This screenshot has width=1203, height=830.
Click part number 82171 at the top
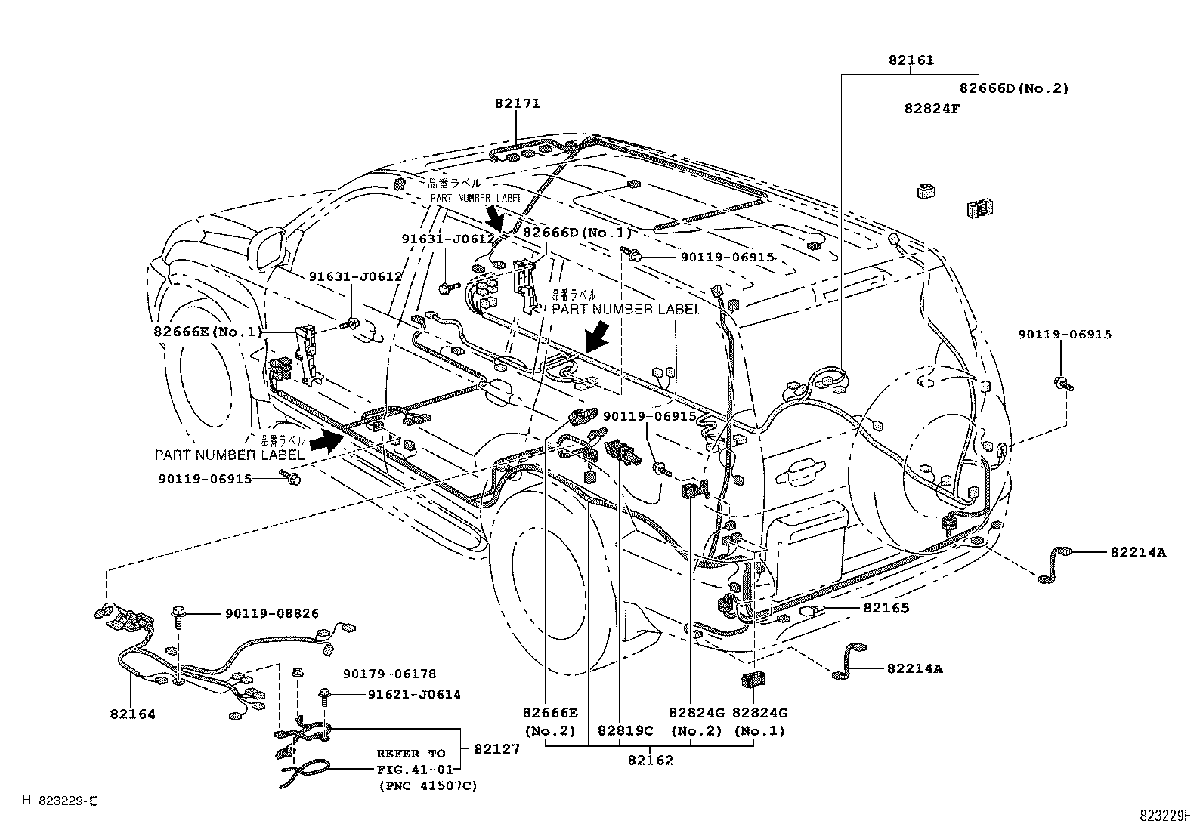tap(518, 103)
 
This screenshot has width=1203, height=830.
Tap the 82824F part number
tap(932, 108)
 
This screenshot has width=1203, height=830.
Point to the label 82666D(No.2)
tap(1014, 88)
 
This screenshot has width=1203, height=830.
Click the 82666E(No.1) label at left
tap(209, 332)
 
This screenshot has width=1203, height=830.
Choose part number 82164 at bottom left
tap(131, 714)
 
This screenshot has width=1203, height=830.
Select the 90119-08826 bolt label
tap(271, 614)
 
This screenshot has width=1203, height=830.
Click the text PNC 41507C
tap(428, 786)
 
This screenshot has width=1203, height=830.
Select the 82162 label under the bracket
tap(650, 760)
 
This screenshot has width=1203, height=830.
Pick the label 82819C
tap(624, 731)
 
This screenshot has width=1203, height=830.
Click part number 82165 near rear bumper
tap(886, 607)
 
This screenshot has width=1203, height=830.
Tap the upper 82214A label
tap(1138, 552)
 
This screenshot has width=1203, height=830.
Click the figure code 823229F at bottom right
tap(1165, 816)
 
